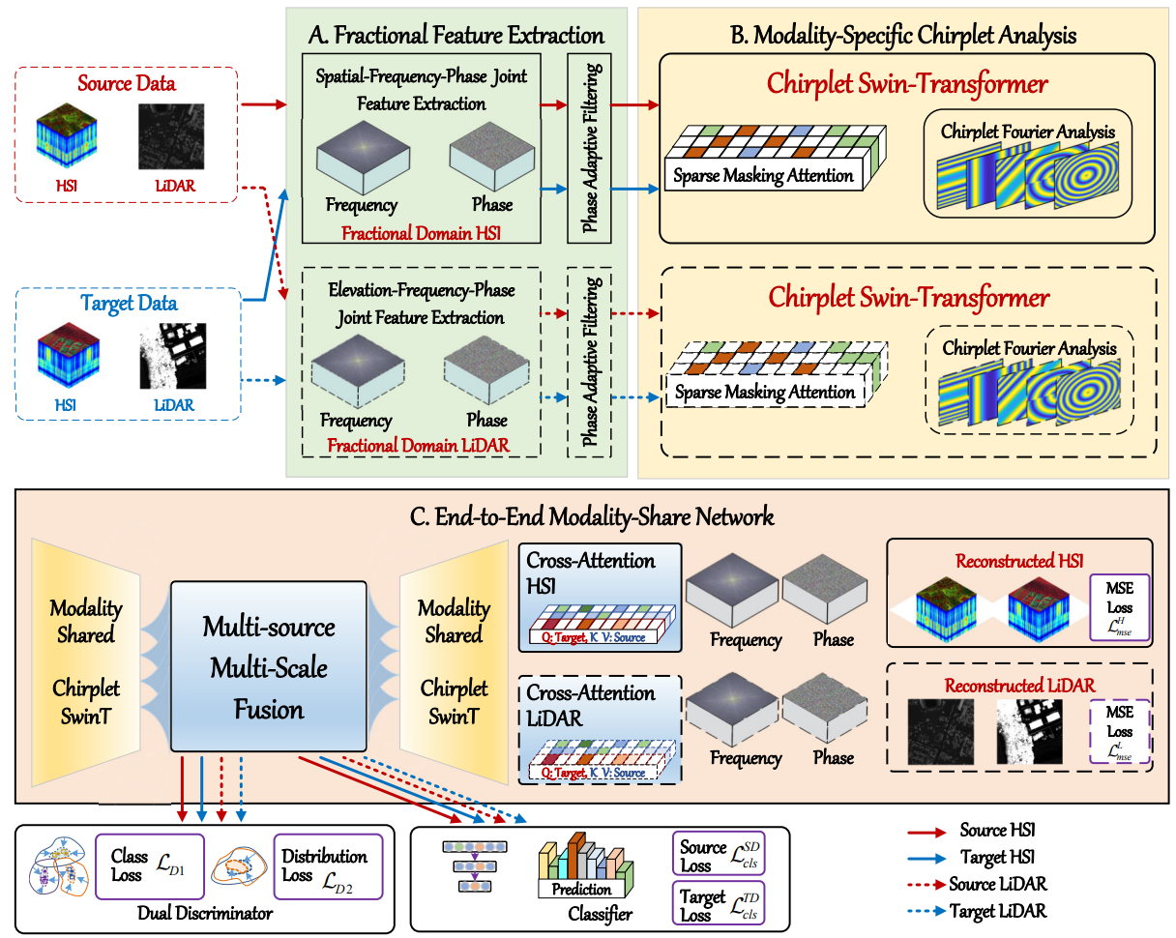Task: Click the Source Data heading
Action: [126, 83]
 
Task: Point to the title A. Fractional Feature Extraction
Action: [456, 36]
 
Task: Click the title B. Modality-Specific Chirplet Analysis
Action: [902, 36]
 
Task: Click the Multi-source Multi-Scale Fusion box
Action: [269, 667]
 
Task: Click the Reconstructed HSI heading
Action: [1019, 562]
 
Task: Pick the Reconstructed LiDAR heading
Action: [1019, 685]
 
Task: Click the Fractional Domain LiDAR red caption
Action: [418, 446]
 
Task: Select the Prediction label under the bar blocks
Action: [582, 889]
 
